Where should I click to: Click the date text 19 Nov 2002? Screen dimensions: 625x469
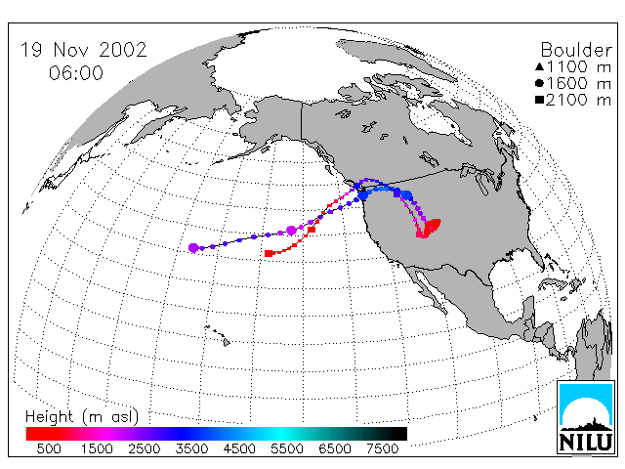pos(84,50)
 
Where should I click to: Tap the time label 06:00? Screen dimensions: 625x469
pos(76,73)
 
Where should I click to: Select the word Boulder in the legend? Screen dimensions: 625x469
pos(576,50)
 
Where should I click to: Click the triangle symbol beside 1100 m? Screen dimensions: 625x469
pos(540,66)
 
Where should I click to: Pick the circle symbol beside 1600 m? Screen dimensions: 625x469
pos(540,83)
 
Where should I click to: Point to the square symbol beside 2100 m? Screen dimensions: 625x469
pos(540,100)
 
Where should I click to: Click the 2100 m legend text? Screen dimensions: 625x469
pos(578,100)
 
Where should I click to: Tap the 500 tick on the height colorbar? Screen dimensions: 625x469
pos(49,449)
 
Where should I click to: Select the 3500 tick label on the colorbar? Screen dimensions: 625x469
pos(191,449)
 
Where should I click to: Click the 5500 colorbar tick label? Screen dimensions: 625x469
pos(287,449)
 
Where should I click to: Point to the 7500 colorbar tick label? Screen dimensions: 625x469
pos(382,449)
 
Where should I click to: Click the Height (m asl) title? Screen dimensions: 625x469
pos(82,417)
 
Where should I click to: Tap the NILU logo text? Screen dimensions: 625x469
pos(586,442)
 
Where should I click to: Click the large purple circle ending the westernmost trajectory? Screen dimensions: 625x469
pos(193,247)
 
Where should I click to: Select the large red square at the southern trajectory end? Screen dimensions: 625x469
pos(270,253)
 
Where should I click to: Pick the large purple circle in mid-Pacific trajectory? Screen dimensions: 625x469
pos(291,231)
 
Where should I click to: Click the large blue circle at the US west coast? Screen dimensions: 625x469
pos(362,195)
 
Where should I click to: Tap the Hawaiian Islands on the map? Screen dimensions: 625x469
pos(218,334)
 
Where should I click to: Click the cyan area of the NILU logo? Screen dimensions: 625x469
pos(586,395)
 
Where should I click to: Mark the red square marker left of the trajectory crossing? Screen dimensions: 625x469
pos(312,230)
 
